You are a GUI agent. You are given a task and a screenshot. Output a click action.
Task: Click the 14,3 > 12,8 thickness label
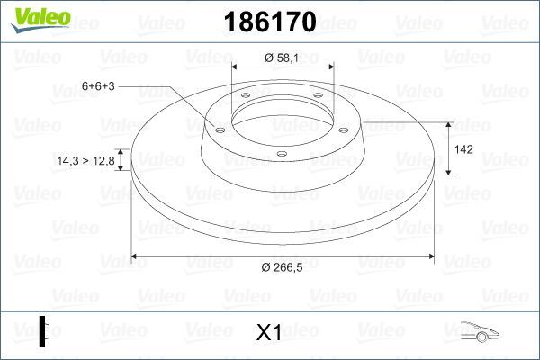click(x=85, y=161)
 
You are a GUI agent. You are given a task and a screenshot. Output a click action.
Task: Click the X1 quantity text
click(x=269, y=333)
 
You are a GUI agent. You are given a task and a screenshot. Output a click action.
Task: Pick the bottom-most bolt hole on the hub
click(x=282, y=154)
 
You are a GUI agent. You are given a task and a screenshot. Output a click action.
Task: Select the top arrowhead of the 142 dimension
click(x=449, y=125)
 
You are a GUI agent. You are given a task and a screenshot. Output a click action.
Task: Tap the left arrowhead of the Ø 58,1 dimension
click(x=237, y=67)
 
